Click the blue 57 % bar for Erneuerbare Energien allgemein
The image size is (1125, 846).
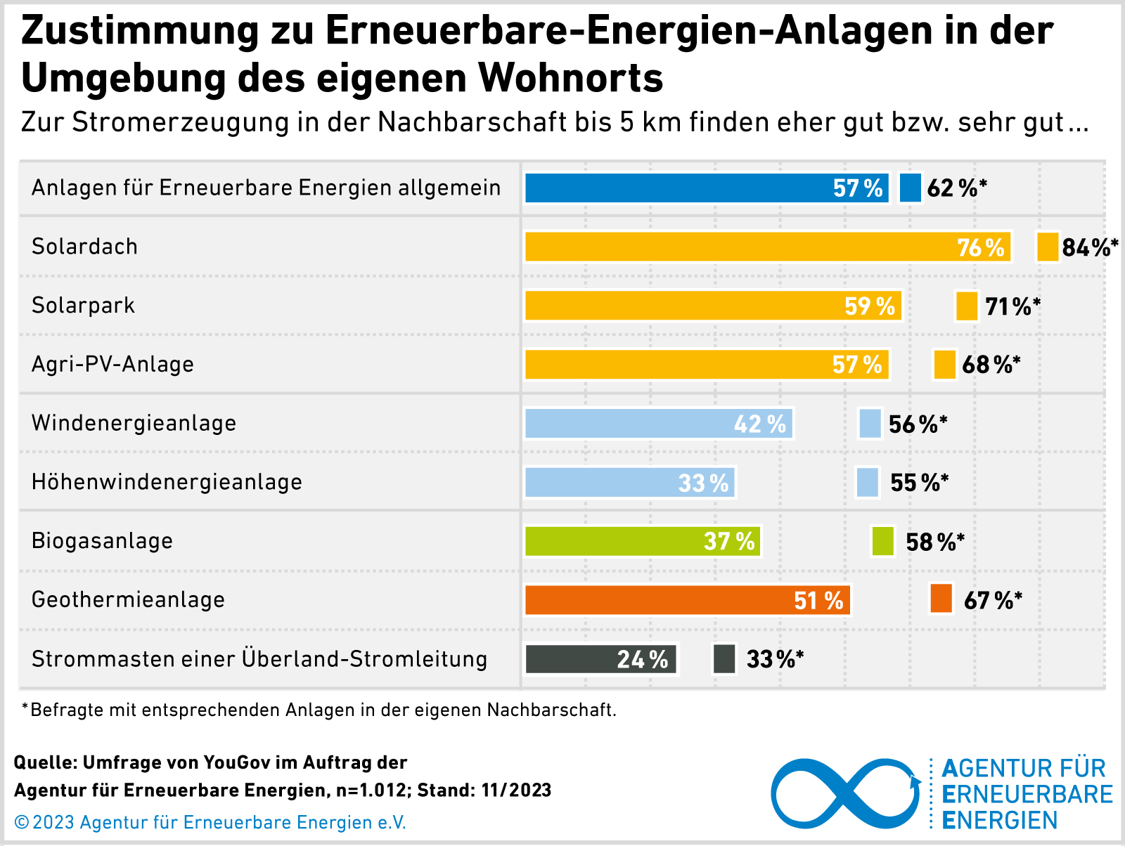(707, 188)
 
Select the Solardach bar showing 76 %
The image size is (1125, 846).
(768, 247)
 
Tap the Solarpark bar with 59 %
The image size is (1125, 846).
(713, 306)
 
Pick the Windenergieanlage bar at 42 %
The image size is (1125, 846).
(659, 424)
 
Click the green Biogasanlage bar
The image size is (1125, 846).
(643, 541)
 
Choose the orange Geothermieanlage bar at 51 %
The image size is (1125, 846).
(688, 600)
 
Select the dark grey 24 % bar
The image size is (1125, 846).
(600, 659)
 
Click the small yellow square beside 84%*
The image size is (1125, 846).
(1048, 247)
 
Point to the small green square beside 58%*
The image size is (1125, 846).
(882, 541)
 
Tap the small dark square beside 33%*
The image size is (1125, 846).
(724, 659)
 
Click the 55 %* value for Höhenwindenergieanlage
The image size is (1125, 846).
(919, 483)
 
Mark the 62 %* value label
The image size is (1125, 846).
(956, 188)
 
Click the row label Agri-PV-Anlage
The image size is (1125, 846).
(112, 364)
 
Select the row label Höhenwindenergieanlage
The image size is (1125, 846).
(167, 482)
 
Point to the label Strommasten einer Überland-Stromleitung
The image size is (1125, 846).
(259, 659)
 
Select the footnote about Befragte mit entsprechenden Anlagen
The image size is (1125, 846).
(320, 710)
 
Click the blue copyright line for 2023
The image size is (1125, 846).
(210, 822)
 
